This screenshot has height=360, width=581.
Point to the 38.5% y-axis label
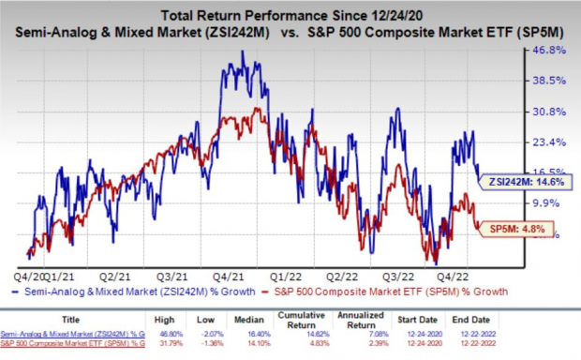tap(547, 81)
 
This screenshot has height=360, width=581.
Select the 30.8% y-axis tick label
tap(547, 112)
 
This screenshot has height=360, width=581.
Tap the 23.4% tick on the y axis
tap(547, 142)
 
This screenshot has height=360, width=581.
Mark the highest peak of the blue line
tap(243, 52)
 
